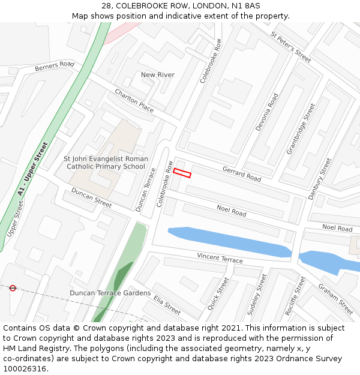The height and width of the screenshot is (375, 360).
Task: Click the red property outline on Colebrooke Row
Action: pyautogui.click(x=182, y=173)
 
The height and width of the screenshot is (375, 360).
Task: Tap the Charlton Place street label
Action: pyautogui.click(x=134, y=100)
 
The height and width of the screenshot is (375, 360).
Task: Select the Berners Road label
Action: pyautogui.click(x=55, y=66)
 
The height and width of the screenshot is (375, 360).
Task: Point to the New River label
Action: pyautogui.click(x=157, y=74)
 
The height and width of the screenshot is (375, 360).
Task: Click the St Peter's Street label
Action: pyautogui.click(x=291, y=47)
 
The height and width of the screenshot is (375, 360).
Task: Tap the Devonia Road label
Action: pyautogui.click(x=267, y=112)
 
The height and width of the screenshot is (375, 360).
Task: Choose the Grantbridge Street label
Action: pyautogui.click(x=301, y=128)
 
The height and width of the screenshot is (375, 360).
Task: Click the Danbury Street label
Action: pyautogui.click(x=319, y=178)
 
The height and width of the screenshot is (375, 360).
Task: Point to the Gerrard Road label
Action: pyautogui.click(x=242, y=175)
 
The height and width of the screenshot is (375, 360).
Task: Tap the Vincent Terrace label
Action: pyautogui.click(x=220, y=258)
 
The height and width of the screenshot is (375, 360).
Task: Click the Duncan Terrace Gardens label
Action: pyautogui.click(x=110, y=293)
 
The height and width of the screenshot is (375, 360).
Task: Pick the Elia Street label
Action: pyautogui.click(x=167, y=305)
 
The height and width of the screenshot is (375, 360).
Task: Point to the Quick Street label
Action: pyautogui.click(x=218, y=293)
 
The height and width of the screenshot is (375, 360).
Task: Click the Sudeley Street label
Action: pyautogui.click(x=257, y=295)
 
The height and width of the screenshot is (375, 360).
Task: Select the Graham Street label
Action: pyautogui.click(x=335, y=299)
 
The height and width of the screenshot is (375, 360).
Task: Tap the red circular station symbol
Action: pyautogui.click(x=13, y=288)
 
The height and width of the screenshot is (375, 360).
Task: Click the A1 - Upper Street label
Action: pyautogui.click(x=32, y=169)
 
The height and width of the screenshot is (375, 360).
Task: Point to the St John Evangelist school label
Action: pyautogui.click(x=106, y=163)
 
